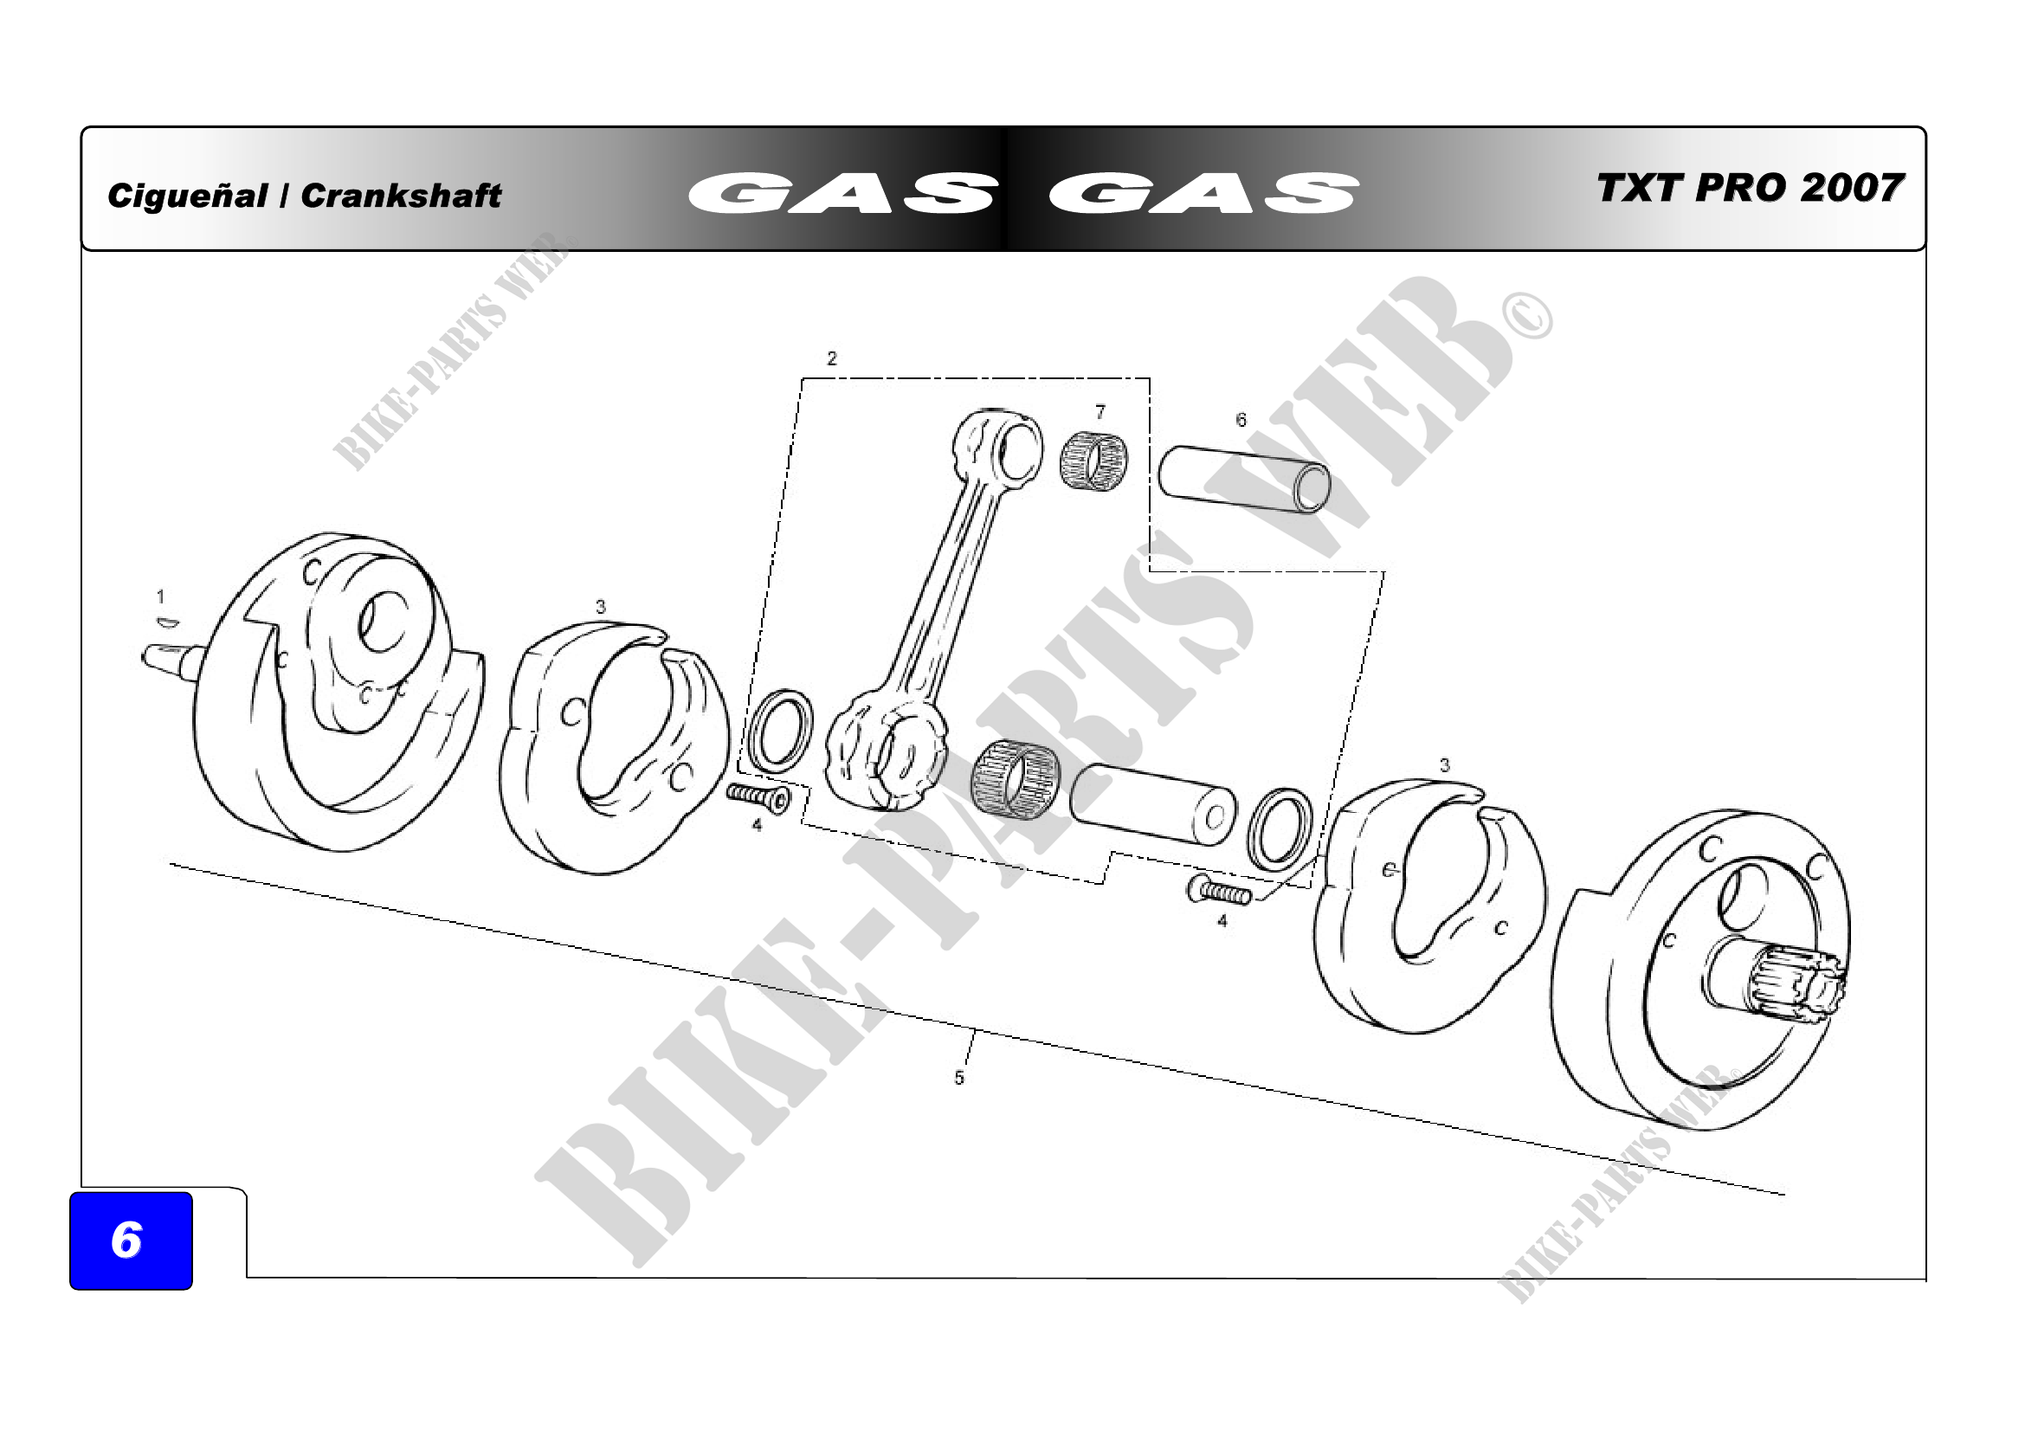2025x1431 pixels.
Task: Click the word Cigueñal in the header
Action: pos(187,195)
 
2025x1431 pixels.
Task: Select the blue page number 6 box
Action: pos(131,1240)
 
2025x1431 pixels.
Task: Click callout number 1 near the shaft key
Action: pos(160,597)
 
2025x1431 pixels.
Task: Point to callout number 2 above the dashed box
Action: pos(832,358)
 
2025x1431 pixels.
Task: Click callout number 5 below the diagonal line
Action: pos(959,1078)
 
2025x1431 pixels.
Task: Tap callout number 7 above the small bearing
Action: pos(1100,412)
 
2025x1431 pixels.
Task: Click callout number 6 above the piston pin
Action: pos(1241,420)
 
